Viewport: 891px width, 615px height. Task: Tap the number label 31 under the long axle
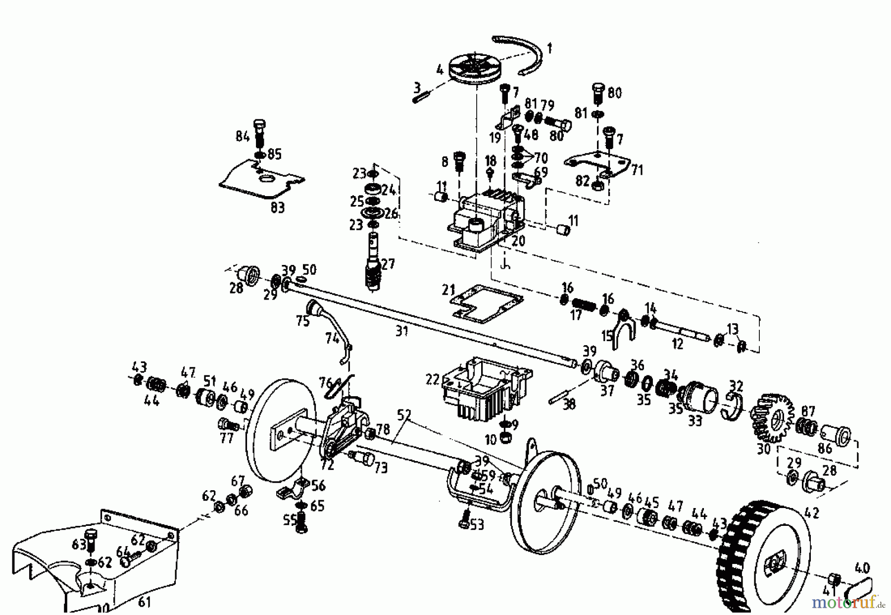click(401, 331)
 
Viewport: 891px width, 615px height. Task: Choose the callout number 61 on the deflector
click(144, 602)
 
